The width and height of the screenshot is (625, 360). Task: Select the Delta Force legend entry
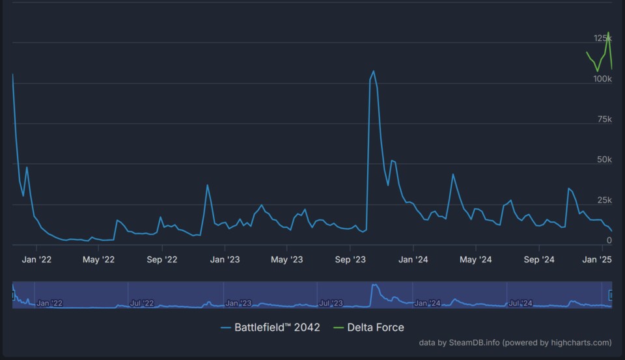click(x=368, y=327)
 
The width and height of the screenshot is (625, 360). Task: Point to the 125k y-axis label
click(x=602, y=38)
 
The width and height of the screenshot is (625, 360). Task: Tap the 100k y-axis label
click(x=602, y=79)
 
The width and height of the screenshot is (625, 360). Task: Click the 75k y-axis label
click(x=605, y=119)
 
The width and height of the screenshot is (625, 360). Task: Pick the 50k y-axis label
click(x=605, y=159)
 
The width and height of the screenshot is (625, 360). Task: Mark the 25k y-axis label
click(x=605, y=200)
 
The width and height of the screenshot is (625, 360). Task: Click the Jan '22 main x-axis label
click(x=36, y=260)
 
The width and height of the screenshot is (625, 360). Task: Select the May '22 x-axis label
click(x=98, y=260)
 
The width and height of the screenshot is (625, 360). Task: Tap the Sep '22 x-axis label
click(x=161, y=260)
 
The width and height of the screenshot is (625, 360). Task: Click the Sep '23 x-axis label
click(x=350, y=260)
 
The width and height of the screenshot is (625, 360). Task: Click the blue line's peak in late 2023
click(x=374, y=71)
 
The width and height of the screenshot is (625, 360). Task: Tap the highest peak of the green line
click(x=608, y=33)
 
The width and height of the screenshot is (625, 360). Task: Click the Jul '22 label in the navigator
click(x=142, y=303)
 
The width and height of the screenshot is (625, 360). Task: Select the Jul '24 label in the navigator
click(x=521, y=303)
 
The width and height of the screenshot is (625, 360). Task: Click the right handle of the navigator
click(x=611, y=295)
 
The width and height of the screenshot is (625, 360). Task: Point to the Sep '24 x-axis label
click(x=539, y=260)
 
